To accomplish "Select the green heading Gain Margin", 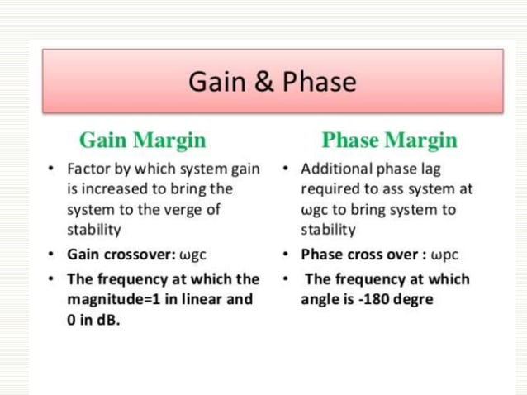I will pyautogui.click(x=142, y=139).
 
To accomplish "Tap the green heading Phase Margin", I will pyautogui.click(x=389, y=139).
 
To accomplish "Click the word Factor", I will pyautogui.click(x=87, y=169).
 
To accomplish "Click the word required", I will pyautogui.click(x=329, y=189).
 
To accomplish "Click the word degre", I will pyautogui.click(x=411, y=299).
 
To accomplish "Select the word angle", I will pyautogui.click(x=320, y=299).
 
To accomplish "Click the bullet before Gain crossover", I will pyautogui.click(x=52, y=254).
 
